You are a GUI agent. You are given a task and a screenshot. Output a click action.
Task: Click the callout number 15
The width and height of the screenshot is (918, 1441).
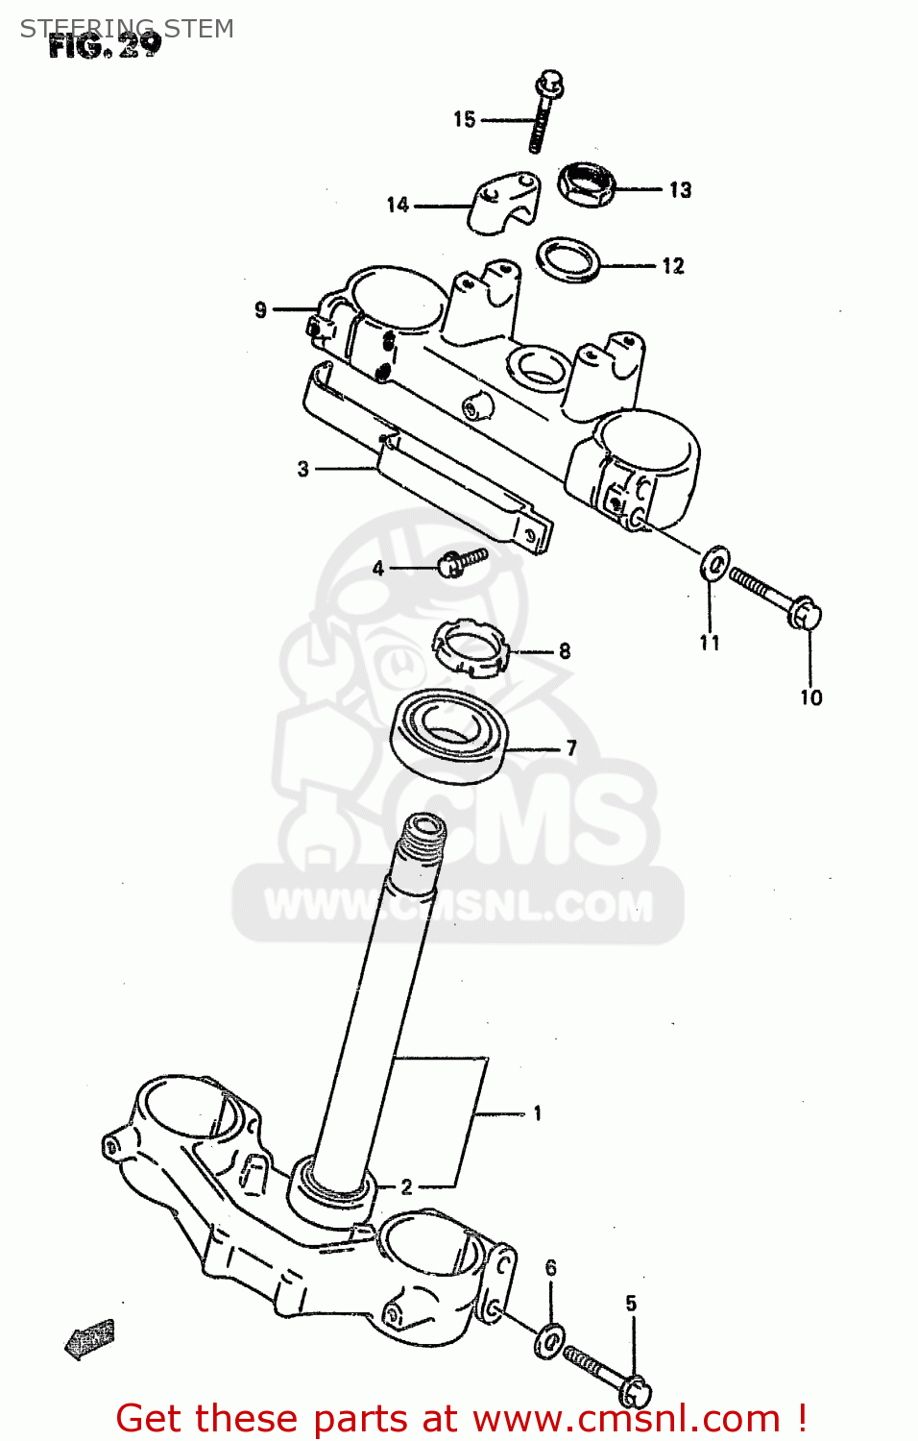[x=465, y=119]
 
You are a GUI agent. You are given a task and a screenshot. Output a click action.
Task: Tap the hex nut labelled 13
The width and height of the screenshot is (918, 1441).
[x=586, y=183]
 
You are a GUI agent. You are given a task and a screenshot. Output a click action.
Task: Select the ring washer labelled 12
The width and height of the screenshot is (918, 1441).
[x=568, y=259]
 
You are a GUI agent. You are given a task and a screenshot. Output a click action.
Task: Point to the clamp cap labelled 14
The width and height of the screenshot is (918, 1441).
[x=502, y=202]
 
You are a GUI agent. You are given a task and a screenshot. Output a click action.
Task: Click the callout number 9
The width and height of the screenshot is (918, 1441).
[x=260, y=309]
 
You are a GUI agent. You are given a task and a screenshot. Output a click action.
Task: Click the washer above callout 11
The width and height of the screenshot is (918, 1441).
[x=714, y=563]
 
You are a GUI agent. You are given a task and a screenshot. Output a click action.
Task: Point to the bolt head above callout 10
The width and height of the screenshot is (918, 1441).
[x=805, y=612]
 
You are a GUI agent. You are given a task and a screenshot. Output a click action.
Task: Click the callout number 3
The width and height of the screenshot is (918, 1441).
[x=303, y=469]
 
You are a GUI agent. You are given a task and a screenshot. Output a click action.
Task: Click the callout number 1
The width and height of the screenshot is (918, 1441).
[x=537, y=1113]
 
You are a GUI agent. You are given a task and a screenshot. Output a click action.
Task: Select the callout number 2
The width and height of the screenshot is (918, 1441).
[x=407, y=1187]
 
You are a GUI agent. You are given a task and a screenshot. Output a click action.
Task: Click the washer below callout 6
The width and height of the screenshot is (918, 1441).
[x=549, y=1340]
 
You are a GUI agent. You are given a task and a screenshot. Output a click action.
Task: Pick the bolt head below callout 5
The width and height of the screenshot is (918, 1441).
[x=634, y=1390]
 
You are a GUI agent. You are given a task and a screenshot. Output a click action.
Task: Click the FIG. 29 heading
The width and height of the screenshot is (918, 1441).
[x=105, y=45]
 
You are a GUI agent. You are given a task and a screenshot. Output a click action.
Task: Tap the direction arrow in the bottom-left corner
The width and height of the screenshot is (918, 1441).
[x=89, y=1338]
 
